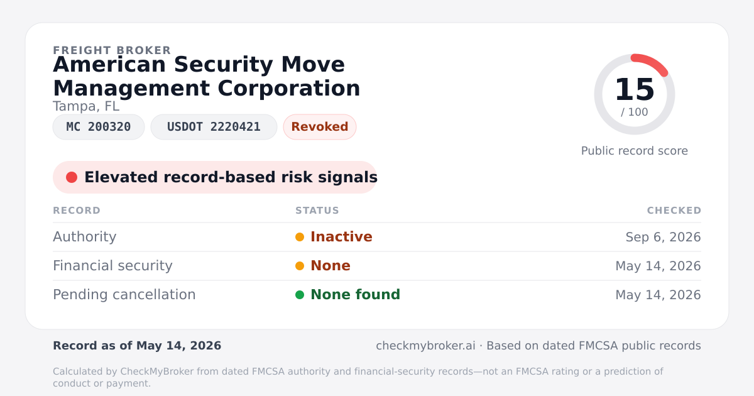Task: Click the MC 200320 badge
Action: coord(99,127)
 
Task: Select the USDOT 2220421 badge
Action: coord(214,127)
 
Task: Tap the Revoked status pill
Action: coord(320,127)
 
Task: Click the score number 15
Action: coord(635,89)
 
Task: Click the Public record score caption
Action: coord(635,151)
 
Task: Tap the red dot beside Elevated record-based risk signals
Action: coord(72,177)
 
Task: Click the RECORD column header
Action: coord(77,211)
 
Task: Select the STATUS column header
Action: coord(317,211)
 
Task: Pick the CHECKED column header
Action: coord(674,211)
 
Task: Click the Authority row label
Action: coord(84,237)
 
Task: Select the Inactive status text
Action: coord(341,237)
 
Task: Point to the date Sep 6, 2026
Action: coord(663,237)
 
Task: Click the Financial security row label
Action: coord(112,266)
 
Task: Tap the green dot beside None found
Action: coord(300,295)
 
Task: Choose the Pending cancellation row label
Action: coord(124,295)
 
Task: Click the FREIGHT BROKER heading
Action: coord(112,50)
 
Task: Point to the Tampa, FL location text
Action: coord(86,106)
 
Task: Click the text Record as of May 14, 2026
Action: coord(137,346)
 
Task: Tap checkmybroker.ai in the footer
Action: coord(425,346)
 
